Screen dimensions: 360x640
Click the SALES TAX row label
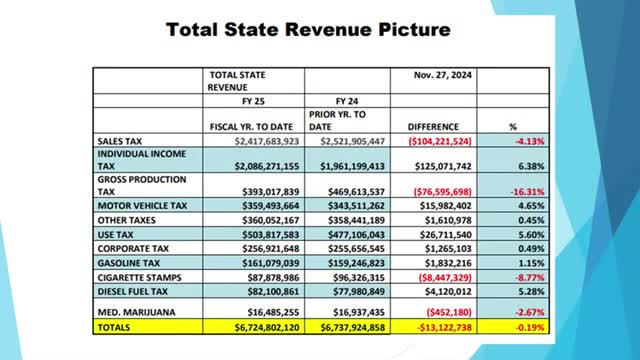pyautogui.click(x=123, y=142)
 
